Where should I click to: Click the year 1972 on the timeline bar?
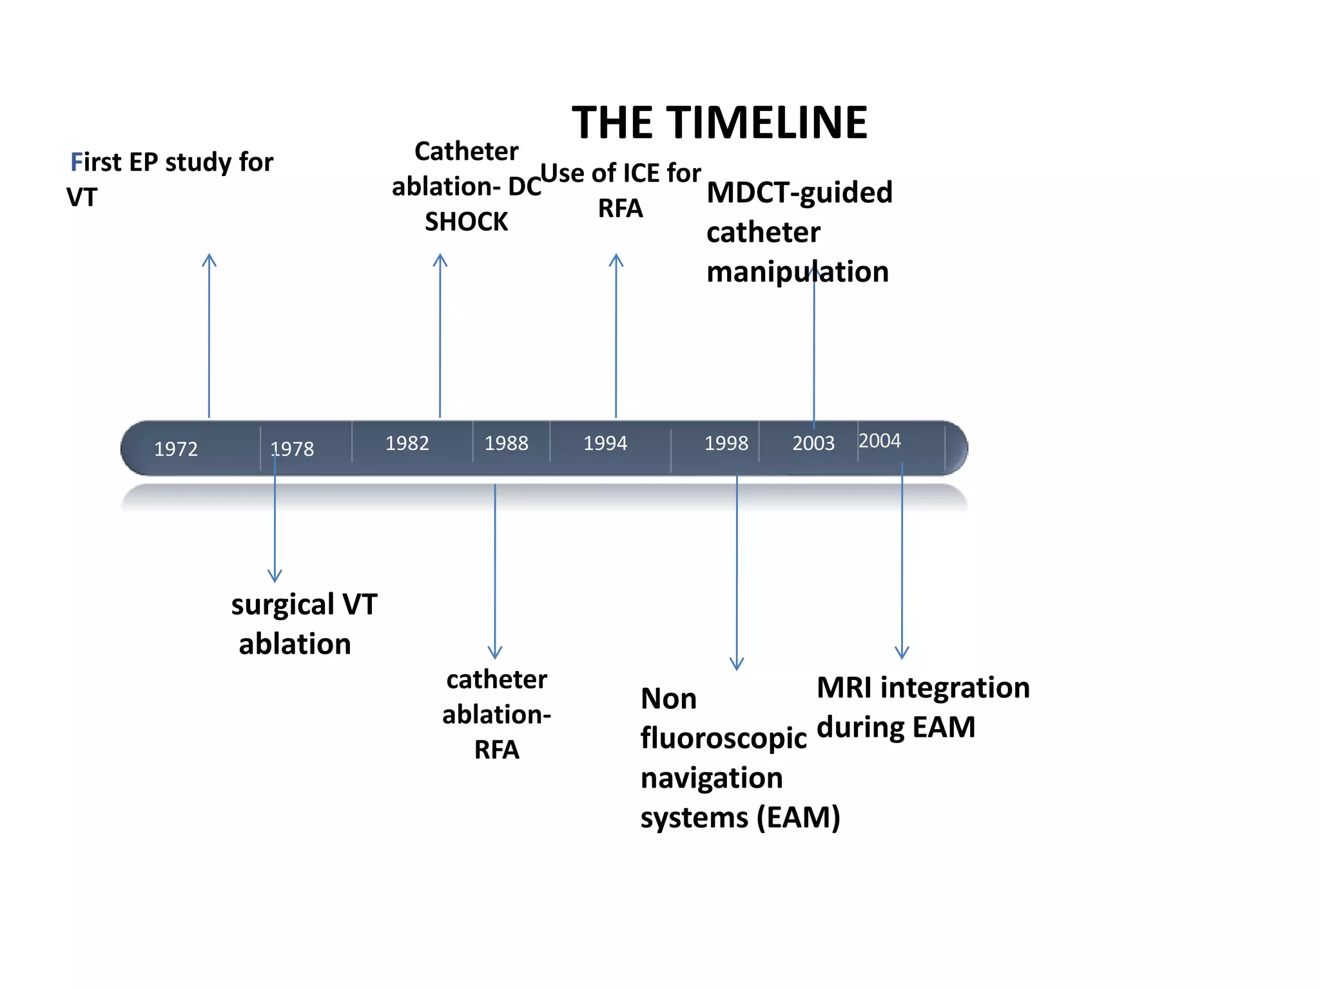tap(176, 449)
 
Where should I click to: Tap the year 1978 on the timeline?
tap(292, 449)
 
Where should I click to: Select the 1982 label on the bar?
tap(407, 443)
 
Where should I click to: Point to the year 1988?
tap(506, 443)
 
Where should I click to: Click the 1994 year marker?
tap(605, 443)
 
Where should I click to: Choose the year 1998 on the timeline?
tap(726, 443)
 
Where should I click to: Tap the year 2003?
tap(813, 443)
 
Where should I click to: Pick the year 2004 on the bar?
tap(879, 441)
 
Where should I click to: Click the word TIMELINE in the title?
tap(767, 122)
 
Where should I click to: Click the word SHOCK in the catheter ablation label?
tap(466, 222)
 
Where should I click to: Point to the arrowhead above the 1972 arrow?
tap(209, 259)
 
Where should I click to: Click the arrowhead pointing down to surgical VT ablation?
tap(275, 576)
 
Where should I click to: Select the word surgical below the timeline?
tap(282, 605)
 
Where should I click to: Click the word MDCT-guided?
tap(799, 193)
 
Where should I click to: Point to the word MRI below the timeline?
tap(844, 688)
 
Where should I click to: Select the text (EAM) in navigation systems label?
tap(798, 818)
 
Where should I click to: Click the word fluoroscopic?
tap(723, 739)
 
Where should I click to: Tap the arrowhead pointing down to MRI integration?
tap(902, 652)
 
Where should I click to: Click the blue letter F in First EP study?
tap(76, 162)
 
